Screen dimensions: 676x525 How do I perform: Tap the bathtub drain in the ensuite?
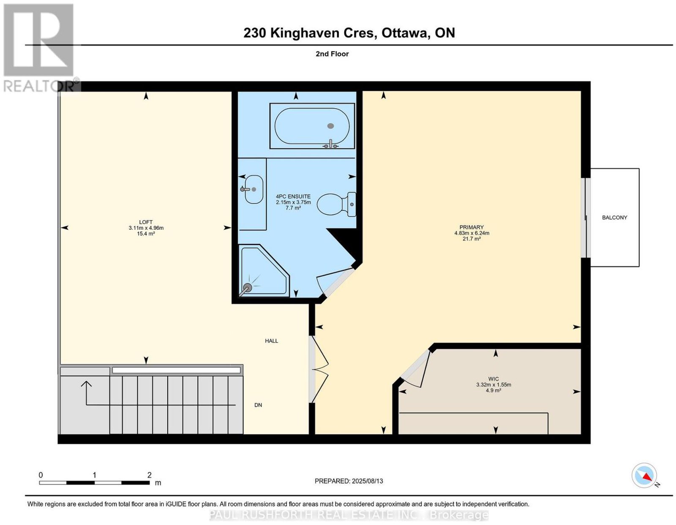coord(331,126)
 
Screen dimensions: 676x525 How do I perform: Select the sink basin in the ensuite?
coord(254,189)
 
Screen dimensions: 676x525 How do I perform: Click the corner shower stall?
coord(264,271)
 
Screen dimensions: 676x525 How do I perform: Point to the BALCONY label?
coord(614,218)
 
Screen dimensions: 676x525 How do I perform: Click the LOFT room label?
coord(146,222)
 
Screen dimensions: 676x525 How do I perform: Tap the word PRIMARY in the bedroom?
coord(472,227)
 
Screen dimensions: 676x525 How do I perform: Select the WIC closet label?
coord(493,379)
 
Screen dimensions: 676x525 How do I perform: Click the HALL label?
coord(271,341)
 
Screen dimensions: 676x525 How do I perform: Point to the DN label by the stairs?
coord(258,405)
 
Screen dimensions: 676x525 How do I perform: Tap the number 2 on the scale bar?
coord(149,475)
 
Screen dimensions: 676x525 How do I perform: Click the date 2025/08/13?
coord(368,481)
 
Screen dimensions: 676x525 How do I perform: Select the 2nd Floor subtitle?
coord(332,54)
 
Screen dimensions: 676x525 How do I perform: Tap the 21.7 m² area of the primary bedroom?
coord(472,239)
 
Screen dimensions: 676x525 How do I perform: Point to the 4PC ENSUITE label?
coord(293,196)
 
